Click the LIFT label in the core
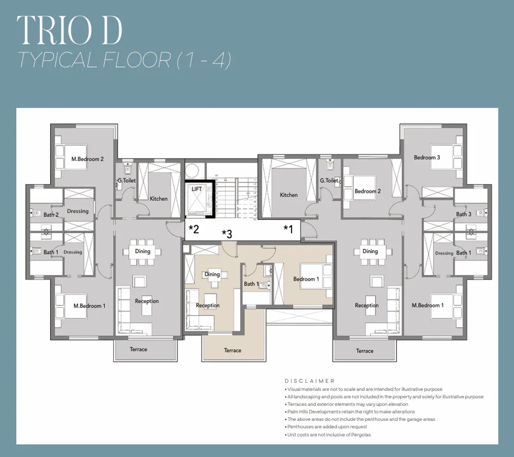click(x=197, y=189)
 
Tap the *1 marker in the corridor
click(x=289, y=229)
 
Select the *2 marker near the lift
click(x=194, y=228)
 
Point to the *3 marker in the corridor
click(x=227, y=234)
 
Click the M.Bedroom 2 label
click(x=87, y=159)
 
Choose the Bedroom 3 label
click(x=427, y=157)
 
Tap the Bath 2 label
click(x=51, y=215)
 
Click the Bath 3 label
click(x=464, y=214)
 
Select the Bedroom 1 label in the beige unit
click(x=306, y=279)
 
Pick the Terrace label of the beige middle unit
click(x=232, y=351)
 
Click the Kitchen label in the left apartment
click(x=158, y=199)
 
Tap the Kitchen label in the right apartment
click(x=289, y=195)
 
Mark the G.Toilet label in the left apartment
click(x=126, y=180)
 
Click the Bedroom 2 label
click(x=368, y=191)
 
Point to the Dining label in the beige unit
click(x=212, y=275)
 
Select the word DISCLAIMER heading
click(x=310, y=381)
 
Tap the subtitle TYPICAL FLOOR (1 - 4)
click(x=124, y=61)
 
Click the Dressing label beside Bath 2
click(x=78, y=211)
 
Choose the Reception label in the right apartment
click(x=367, y=306)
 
